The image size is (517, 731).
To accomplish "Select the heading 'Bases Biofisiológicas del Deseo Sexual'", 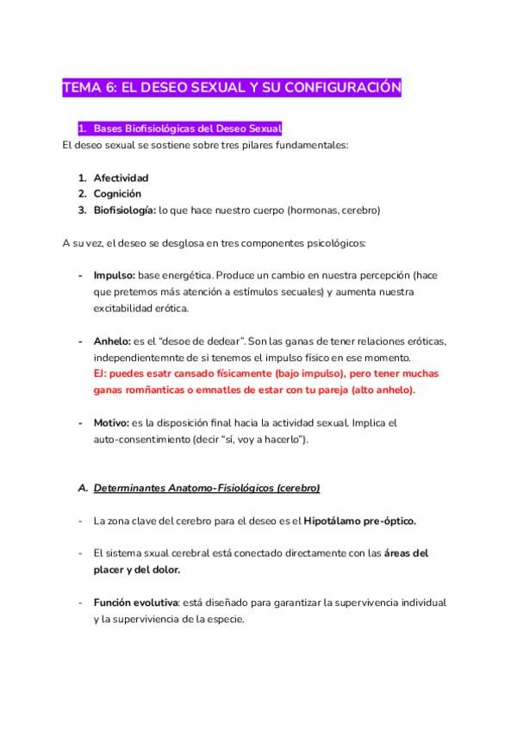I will coord(188,128).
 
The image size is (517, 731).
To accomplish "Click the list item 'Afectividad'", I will coord(121,178).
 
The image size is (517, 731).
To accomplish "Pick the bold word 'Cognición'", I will coord(117,194).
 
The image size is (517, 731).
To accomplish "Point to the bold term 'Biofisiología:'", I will coord(125,209).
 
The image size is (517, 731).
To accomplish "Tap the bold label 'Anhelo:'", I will coord(113,341).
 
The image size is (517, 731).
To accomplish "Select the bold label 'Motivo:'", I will coord(111,423).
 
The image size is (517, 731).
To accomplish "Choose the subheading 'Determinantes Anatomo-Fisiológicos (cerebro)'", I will coord(207,489).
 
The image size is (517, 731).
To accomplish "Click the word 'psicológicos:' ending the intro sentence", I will coord(335,243).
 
